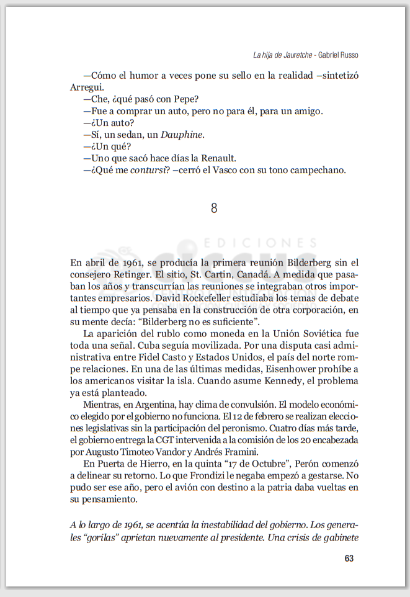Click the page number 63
(x=349, y=559)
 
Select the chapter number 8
(x=214, y=209)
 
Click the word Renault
(x=218, y=158)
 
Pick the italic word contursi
(x=148, y=170)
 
